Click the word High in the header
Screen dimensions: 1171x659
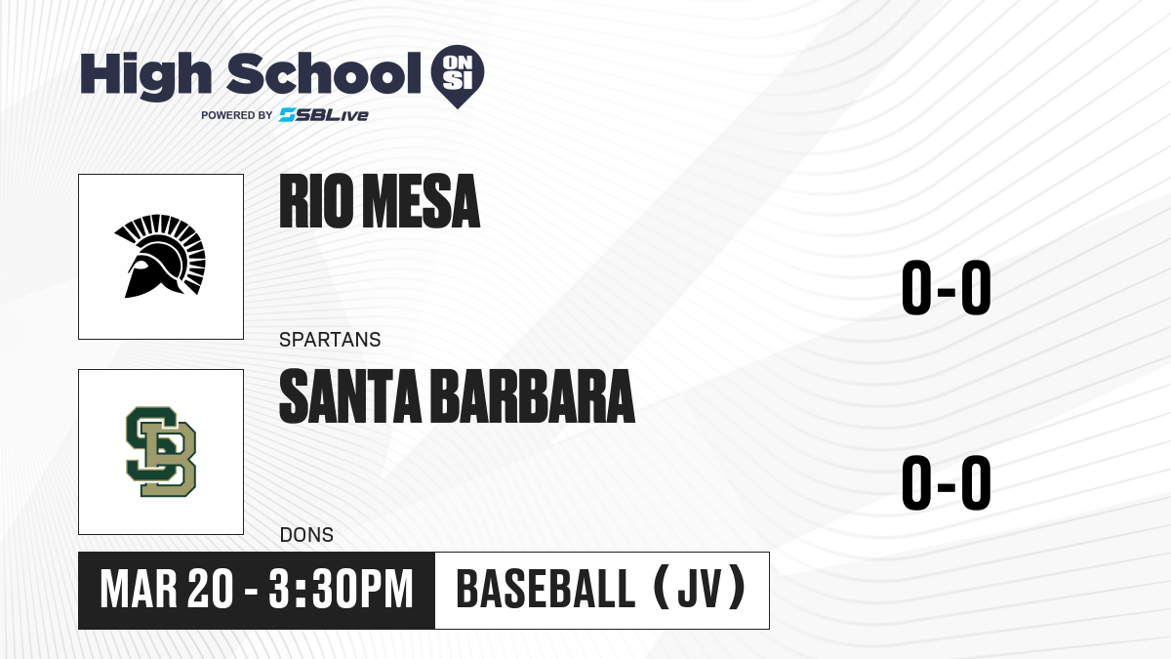pyautogui.click(x=146, y=75)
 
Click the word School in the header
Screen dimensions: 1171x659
pyautogui.click(x=324, y=73)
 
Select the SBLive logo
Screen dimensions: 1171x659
pyautogui.click(x=324, y=115)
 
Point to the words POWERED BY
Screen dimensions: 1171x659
pyautogui.click(x=237, y=115)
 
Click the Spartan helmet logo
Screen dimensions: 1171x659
pyautogui.click(x=160, y=256)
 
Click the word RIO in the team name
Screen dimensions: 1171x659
pyautogui.click(x=316, y=201)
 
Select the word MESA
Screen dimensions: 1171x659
pyautogui.click(x=422, y=201)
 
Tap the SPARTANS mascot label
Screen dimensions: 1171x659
pyautogui.click(x=330, y=340)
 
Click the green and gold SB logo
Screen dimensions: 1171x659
pyautogui.click(x=161, y=452)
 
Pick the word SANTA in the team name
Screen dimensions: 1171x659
pyautogui.click(x=350, y=396)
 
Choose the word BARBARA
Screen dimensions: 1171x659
pyautogui.click(x=535, y=396)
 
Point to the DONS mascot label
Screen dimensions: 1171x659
pyautogui.click(x=306, y=535)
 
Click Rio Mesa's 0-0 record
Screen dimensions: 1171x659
pyautogui.click(x=947, y=287)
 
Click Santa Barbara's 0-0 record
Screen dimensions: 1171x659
pyautogui.click(x=947, y=482)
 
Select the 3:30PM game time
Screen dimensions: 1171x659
pyautogui.click(x=342, y=590)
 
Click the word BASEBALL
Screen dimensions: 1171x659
pyautogui.click(x=545, y=589)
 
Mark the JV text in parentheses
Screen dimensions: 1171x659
pyautogui.click(x=700, y=589)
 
